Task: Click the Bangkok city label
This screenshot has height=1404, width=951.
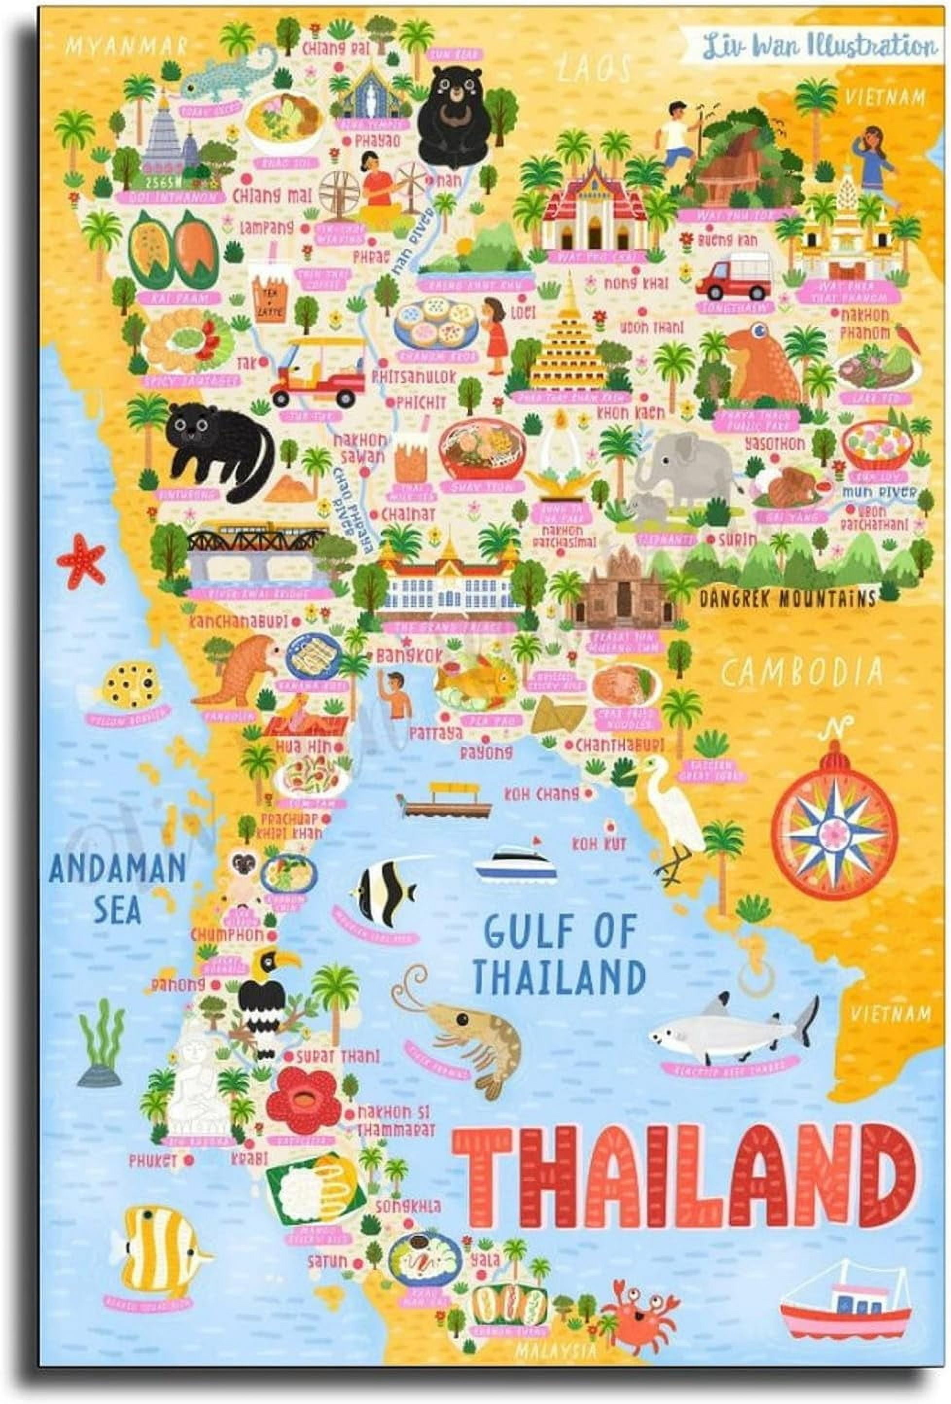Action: point(410,655)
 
